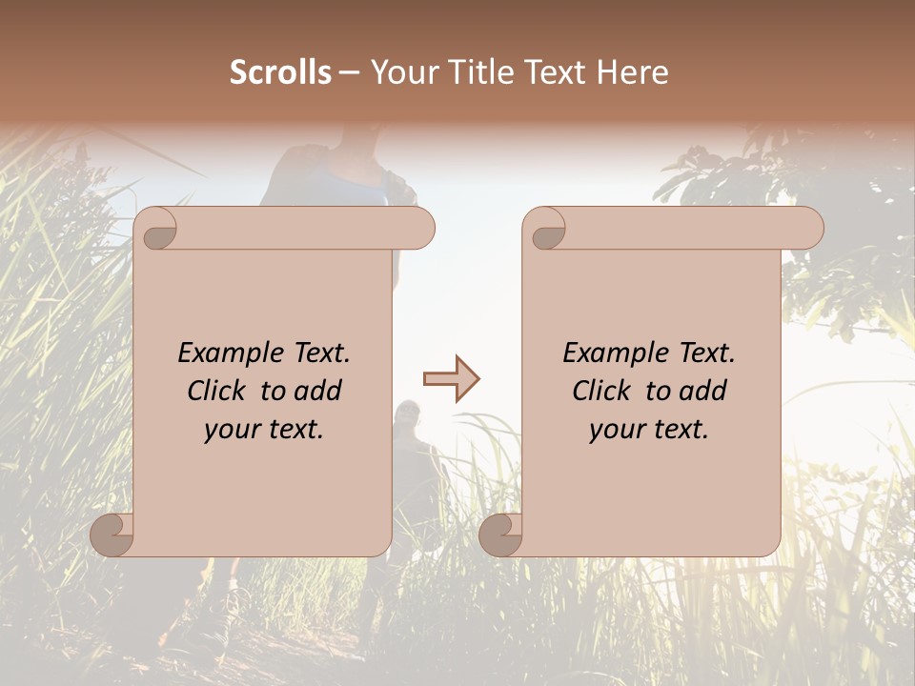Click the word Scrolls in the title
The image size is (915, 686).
pyautogui.click(x=280, y=72)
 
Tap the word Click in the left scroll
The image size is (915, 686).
pyautogui.click(x=218, y=391)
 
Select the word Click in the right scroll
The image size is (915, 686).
pyautogui.click(x=603, y=391)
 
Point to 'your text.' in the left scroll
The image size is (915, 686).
pyautogui.click(x=264, y=429)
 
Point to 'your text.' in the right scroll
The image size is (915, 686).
pyautogui.click(x=649, y=429)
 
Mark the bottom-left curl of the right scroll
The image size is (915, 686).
pyautogui.click(x=501, y=534)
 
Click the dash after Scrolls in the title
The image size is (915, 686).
pyautogui.click(x=349, y=72)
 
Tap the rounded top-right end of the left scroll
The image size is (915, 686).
pyautogui.click(x=419, y=229)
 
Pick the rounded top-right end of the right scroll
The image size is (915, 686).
pyautogui.click(x=808, y=229)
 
